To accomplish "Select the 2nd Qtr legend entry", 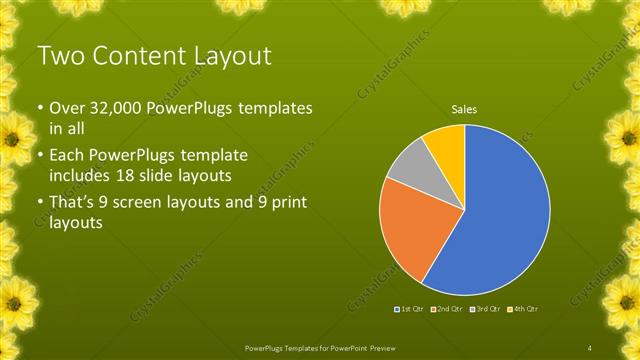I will (x=449, y=309).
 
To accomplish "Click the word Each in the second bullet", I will (x=70, y=156).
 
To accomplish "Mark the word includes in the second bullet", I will (x=84, y=177).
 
